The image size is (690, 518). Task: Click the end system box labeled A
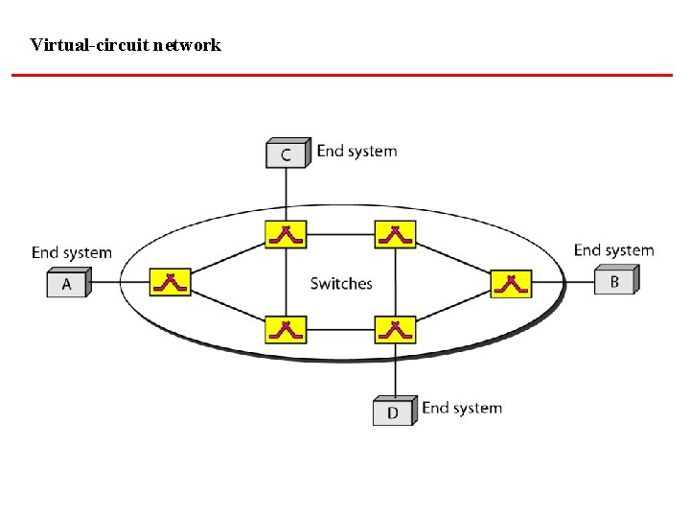point(67,284)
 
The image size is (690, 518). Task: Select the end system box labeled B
point(615,281)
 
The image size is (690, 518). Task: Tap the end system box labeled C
point(287,153)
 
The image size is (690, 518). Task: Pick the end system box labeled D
point(393,412)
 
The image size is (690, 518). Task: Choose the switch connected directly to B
point(511,283)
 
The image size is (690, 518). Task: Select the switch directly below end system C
point(286,234)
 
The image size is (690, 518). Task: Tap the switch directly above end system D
point(395,330)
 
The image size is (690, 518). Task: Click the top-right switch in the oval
point(395,234)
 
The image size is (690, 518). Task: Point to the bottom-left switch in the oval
point(286,330)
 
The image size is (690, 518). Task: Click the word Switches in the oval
point(341,283)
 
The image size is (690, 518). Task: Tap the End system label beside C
point(356,151)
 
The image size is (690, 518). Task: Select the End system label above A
point(72,253)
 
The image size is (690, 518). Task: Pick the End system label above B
point(613,250)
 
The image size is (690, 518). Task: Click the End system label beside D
point(462,408)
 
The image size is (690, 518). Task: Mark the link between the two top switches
point(340,233)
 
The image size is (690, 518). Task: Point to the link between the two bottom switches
point(340,329)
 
